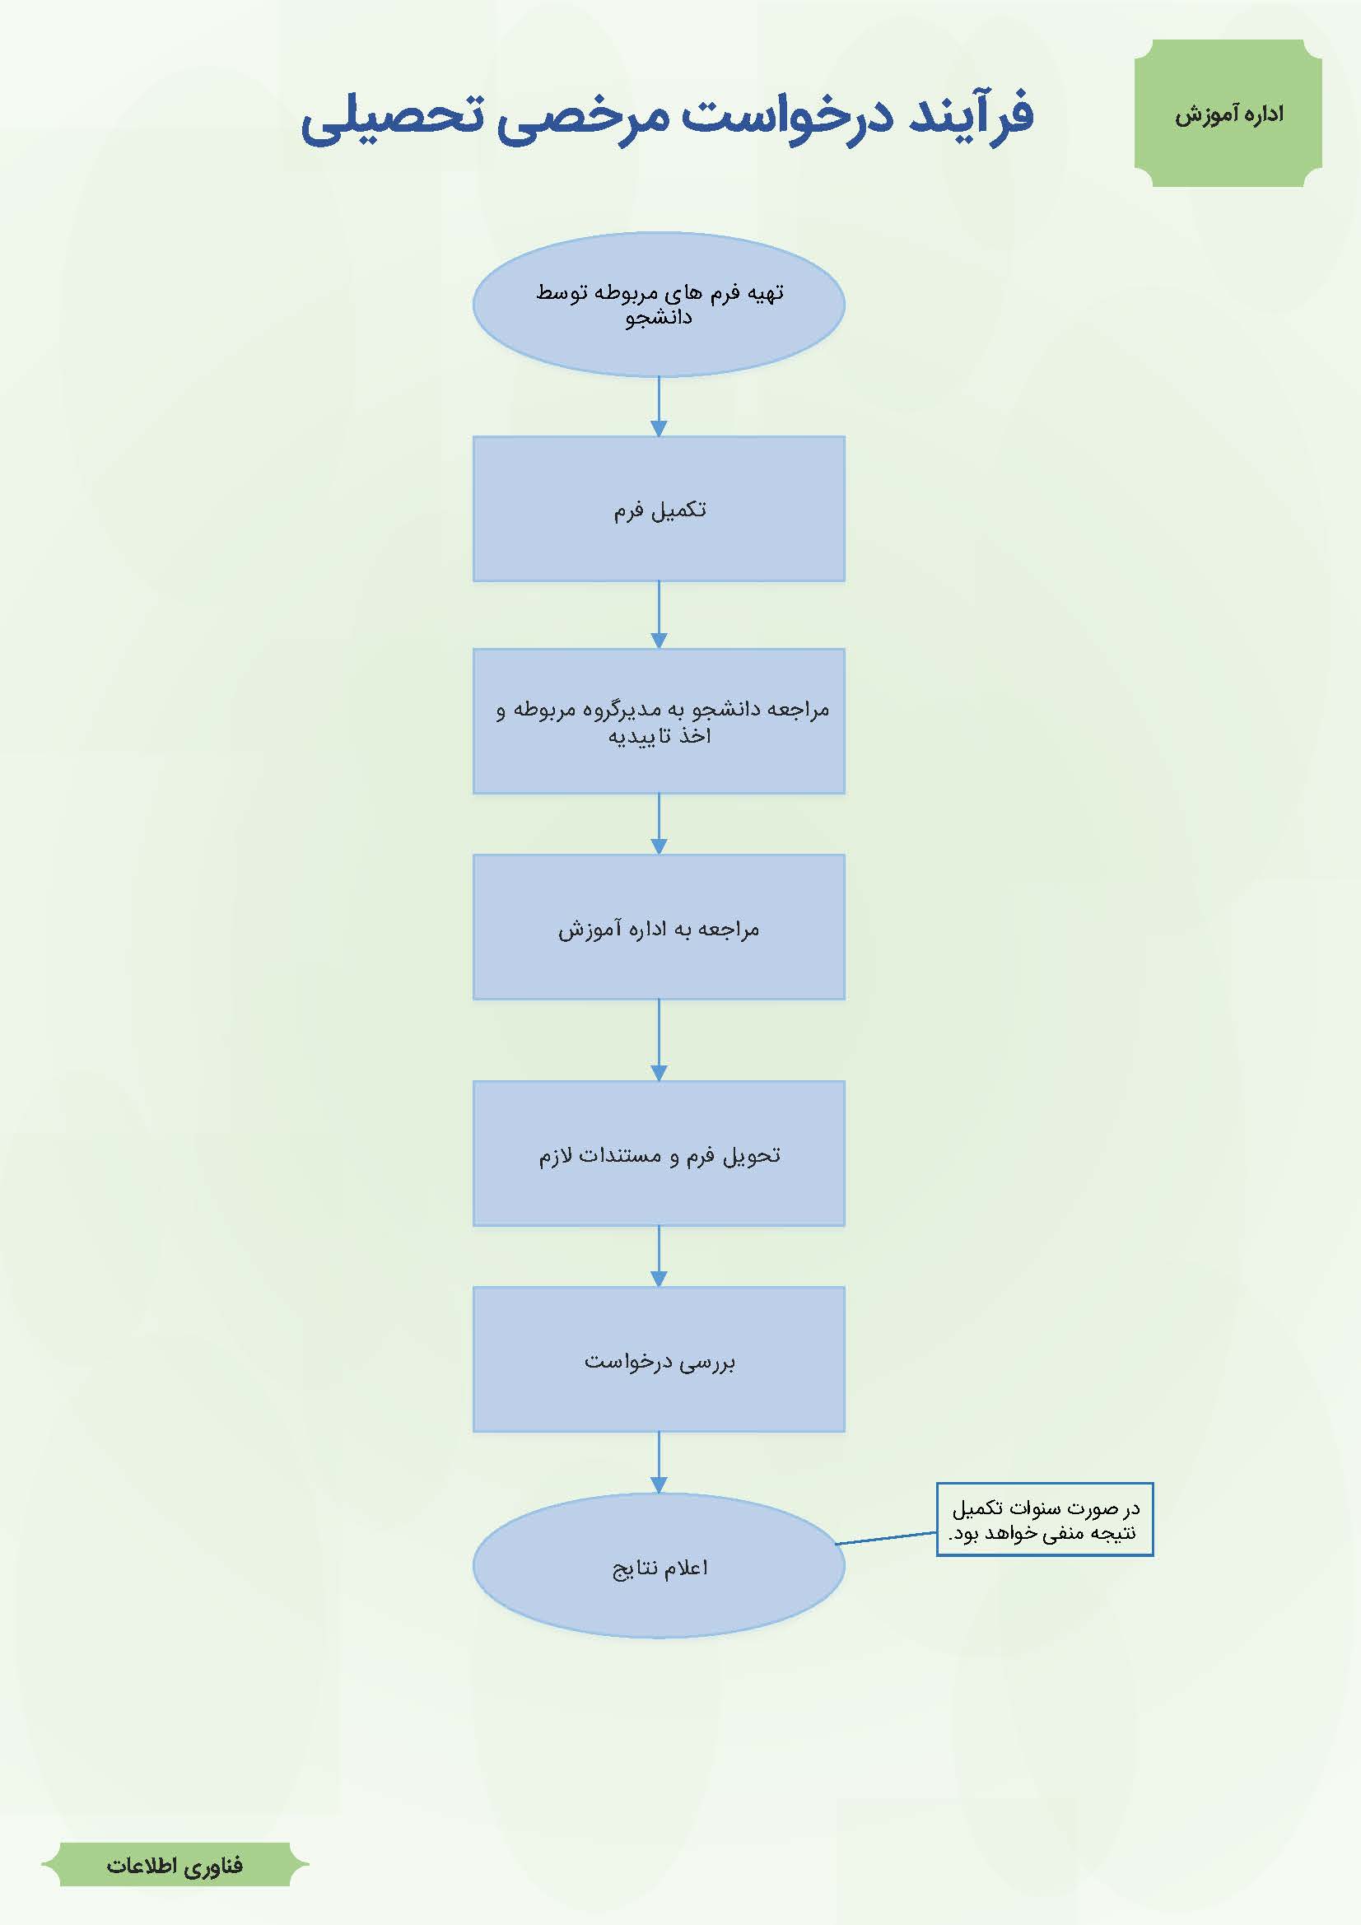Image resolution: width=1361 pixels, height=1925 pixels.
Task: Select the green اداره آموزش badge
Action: click(1228, 113)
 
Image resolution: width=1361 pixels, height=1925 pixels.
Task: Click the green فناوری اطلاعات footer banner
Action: click(175, 1865)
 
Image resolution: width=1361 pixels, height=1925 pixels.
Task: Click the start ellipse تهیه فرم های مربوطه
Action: click(659, 305)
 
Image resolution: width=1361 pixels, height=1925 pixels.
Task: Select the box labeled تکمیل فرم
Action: click(659, 509)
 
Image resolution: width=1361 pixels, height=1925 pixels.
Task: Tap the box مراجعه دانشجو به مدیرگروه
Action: click(659, 721)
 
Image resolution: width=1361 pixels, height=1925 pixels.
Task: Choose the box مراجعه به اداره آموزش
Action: click(659, 927)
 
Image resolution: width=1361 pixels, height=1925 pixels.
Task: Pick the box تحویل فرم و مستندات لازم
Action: click(659, 1154)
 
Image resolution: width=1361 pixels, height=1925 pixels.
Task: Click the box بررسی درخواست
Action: click(659, 1360)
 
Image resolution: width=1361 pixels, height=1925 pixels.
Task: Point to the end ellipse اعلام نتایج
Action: click(659, 1566)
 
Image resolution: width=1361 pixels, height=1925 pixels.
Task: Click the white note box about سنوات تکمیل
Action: click(1045, 1520)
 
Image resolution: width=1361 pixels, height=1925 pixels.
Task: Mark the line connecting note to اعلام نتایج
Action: click(887, 1539)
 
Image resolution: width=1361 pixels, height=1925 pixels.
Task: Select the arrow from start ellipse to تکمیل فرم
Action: click(659, 407)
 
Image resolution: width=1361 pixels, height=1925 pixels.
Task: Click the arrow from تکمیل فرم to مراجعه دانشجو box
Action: click(659, 614)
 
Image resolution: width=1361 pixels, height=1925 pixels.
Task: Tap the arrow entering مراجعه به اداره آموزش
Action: click(659, 824)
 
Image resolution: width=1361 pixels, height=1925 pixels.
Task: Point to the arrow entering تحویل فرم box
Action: click(659, 1041)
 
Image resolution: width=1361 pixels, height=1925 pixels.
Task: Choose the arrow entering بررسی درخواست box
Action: click(659, 1256)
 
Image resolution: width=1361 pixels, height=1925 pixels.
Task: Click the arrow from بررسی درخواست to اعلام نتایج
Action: click(659, 1463)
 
